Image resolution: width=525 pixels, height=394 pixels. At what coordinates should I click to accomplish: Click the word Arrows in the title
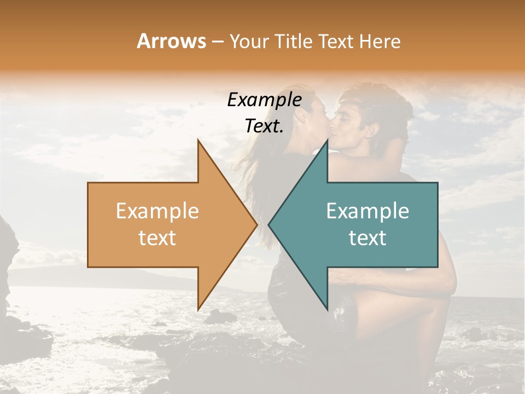(x=171, y=42)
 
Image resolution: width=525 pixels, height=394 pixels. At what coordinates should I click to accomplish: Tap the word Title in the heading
(x=295, y=42)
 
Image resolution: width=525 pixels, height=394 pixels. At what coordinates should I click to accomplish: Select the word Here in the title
(x=379, y=42)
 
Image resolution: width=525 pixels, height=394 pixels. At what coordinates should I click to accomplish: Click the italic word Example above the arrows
(x=264, y=100)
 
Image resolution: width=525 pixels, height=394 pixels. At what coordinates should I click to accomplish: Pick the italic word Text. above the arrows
(x=264, y=126)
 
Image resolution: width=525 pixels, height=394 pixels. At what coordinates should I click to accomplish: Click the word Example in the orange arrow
(x=157, y=211)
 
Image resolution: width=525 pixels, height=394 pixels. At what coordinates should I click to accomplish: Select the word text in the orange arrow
(x=157, y=238)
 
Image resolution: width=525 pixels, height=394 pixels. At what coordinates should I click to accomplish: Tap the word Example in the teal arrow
(x=367, y=211)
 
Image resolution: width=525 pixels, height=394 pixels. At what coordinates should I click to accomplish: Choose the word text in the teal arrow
(x=367, y=238)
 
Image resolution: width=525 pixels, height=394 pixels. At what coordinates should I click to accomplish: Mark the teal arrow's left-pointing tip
(x=270, y=224)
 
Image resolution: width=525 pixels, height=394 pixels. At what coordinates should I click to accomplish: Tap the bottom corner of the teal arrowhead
(x=327, y=309)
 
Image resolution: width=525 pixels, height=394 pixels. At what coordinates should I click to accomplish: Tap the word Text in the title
(x=334, y=42)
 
